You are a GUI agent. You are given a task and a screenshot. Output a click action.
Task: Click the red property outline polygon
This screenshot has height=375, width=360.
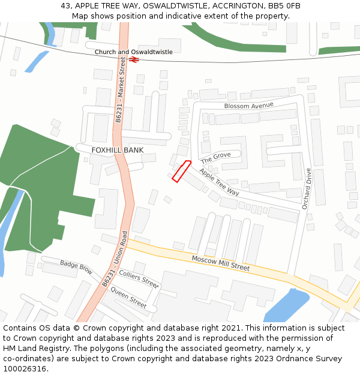pos(181,171)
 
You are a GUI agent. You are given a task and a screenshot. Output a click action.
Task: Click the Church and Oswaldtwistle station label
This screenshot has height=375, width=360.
pos(133,52)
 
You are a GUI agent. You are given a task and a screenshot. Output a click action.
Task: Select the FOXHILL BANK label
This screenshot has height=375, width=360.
pos(117,150)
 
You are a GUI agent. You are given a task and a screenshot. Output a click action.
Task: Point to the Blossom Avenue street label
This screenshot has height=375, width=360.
pos(248,106)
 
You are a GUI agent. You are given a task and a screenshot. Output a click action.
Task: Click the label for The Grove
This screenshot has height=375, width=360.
pos(215,158)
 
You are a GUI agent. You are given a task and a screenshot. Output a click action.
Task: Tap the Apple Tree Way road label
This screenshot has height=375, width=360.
pos(219,182)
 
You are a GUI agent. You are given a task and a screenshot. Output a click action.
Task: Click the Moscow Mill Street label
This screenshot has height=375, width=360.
pos(220,263)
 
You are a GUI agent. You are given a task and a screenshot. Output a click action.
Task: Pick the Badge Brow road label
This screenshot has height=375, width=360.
pos(76,267)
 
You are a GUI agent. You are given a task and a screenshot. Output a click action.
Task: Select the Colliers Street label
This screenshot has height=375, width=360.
pos(139,278)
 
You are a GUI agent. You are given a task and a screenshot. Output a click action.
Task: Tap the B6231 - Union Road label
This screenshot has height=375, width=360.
pos(116,259)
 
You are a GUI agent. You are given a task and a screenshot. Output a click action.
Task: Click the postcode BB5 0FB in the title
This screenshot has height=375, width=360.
pos(284,6)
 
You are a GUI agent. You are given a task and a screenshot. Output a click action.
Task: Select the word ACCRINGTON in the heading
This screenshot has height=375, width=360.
pos(232,6)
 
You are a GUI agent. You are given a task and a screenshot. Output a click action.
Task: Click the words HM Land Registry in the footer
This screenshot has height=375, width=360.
pos(34,349)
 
